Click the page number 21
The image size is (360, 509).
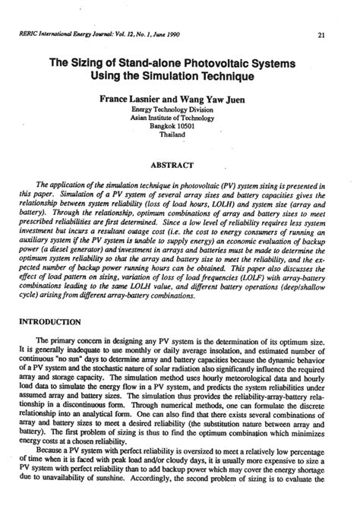pyautogui.click(x=322, y=35)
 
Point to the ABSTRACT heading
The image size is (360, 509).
pyautogui.click(x=180, y=163)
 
